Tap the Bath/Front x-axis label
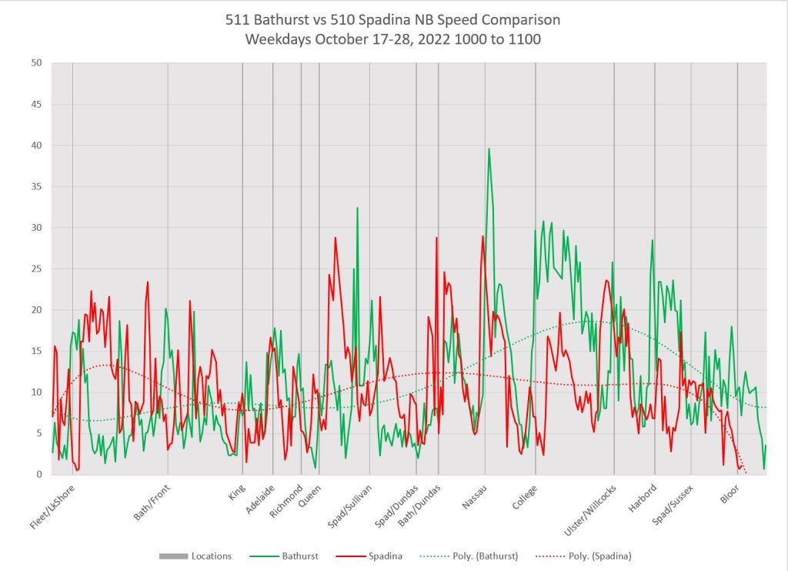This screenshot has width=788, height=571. point(152,502)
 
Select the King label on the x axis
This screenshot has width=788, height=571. point(237,491)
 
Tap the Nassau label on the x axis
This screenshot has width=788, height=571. point(475,496)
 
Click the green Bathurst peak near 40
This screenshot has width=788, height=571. point(489,149)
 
